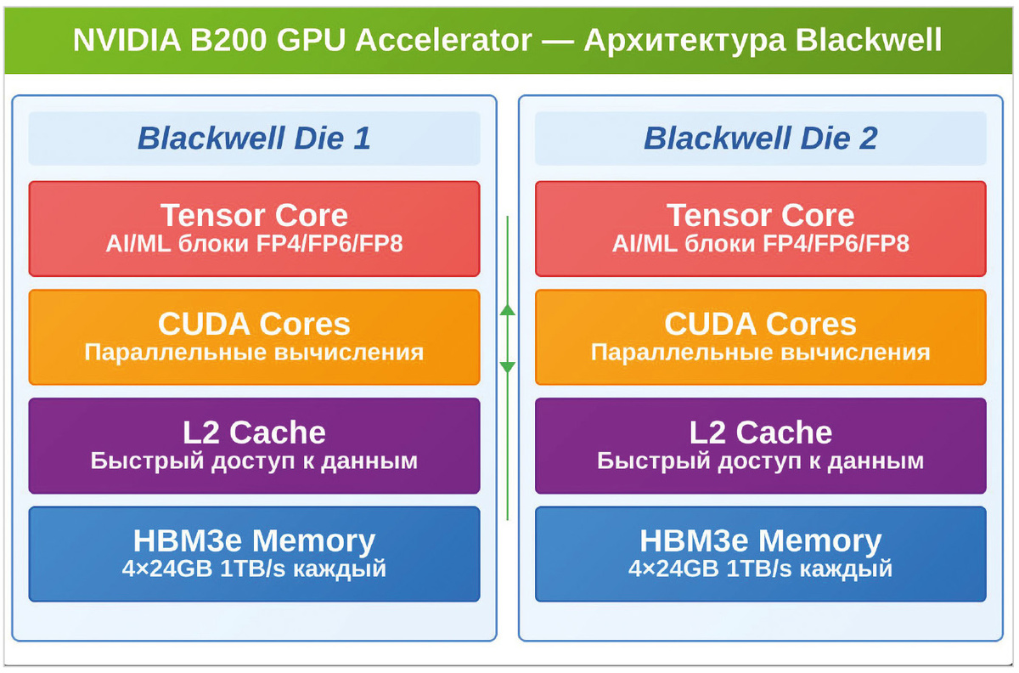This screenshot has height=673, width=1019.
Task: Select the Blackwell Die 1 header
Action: click(x=254, y=139)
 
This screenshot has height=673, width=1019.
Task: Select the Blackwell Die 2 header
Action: click(x=760, y=139)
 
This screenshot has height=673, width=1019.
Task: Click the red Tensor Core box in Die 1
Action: click(x=254, y=229)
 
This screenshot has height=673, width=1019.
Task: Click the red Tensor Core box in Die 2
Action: click(x=760, y=229)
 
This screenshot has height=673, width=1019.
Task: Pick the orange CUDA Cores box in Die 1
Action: click(x=254, y=337)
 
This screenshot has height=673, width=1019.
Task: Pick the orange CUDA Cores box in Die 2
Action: click(x=760, y=337)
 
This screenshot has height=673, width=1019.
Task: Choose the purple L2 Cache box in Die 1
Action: click(x=254, y=445)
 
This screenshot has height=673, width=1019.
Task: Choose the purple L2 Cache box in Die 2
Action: click(x=760, y=445)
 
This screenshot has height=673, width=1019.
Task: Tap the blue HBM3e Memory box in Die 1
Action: click(x=254, y=554)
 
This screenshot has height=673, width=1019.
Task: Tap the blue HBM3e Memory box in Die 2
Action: click(x=760, y=554)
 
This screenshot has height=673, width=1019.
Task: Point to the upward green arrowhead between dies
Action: click(x=508, y=310)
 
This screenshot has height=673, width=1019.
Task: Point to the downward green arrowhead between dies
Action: click(x=508, y=367)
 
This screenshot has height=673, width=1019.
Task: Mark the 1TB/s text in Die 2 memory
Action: click(x=755, y=568)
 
